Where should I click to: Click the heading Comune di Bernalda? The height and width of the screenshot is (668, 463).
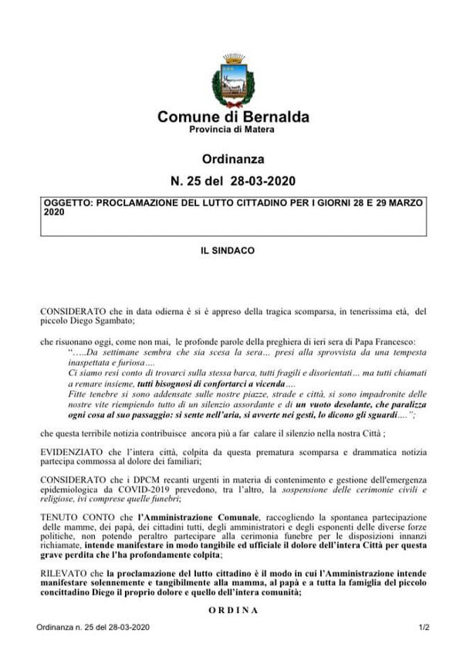[233, 117]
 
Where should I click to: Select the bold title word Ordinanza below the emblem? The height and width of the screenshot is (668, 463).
[233, 159]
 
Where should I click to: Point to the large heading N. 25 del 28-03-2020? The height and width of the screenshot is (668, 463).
[233, 182]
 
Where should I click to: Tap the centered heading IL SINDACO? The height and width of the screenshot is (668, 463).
[233, 251]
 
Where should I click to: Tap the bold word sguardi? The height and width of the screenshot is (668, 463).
[392, 415]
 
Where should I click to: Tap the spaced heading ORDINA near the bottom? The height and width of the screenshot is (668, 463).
[233, 610]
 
